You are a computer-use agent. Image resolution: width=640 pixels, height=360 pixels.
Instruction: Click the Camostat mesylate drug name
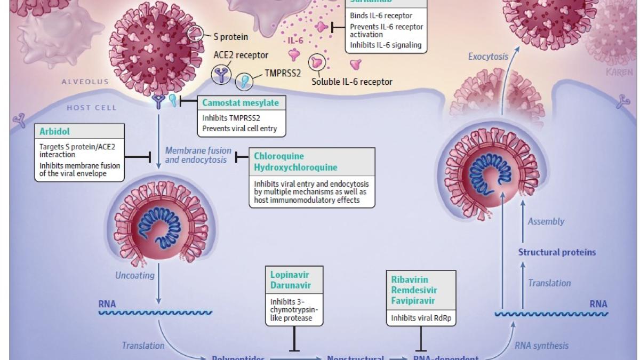pos(240,103)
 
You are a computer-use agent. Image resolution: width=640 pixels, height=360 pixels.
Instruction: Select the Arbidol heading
pos(54,131)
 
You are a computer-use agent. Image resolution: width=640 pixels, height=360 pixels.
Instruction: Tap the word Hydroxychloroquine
pos(295,167)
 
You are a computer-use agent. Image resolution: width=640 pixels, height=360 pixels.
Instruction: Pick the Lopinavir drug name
pos(290,275)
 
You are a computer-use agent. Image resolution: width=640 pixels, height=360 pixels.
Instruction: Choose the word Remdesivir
pos(414,290)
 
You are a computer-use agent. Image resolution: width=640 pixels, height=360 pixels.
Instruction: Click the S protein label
pos(230,37)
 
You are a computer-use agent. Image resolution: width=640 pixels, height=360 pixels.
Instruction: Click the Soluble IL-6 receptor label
pos(352,82)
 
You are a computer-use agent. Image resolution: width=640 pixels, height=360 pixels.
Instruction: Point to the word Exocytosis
pos(488,56)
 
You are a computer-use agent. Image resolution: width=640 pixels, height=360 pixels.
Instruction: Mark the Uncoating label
pos(135,275)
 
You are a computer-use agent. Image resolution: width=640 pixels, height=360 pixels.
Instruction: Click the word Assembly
pos(546,221)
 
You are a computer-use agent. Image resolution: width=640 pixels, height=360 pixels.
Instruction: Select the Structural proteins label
pos(557,252)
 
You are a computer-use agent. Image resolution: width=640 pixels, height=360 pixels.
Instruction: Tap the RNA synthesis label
pos(541,346)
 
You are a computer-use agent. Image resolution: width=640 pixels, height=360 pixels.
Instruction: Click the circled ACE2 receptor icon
pos(222,75)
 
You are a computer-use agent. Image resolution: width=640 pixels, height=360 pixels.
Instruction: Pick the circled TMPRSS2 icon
pos(245,82)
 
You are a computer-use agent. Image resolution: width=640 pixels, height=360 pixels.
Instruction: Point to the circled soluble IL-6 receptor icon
pos(318,63)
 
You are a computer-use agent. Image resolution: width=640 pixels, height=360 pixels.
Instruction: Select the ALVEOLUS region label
pos(85,82)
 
